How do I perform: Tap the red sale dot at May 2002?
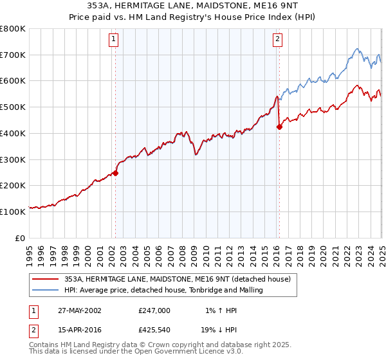click(x=116, y=173)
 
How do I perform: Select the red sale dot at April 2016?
click(x=279, y=127)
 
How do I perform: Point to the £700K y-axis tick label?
click(x=14, y=55)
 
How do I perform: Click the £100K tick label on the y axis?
click(x=14, y=211)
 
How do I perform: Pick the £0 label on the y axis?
click(x=20, y=237)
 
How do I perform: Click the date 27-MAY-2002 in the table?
click(x=80, y=310)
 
